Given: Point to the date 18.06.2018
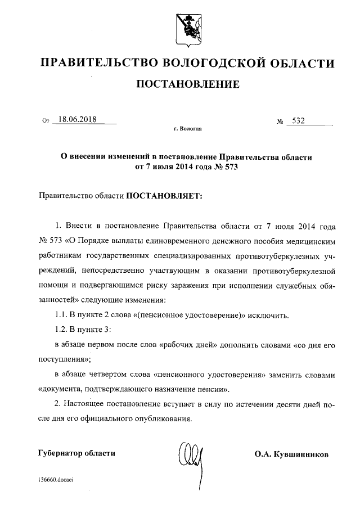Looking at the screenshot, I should tap(78, 120).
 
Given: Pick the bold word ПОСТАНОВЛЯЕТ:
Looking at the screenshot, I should tap(163, 196).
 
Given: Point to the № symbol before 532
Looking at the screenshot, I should tap(280, 121).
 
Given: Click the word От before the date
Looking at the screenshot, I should tap(46, 121).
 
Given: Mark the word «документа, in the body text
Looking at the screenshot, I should tap(62, 389).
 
